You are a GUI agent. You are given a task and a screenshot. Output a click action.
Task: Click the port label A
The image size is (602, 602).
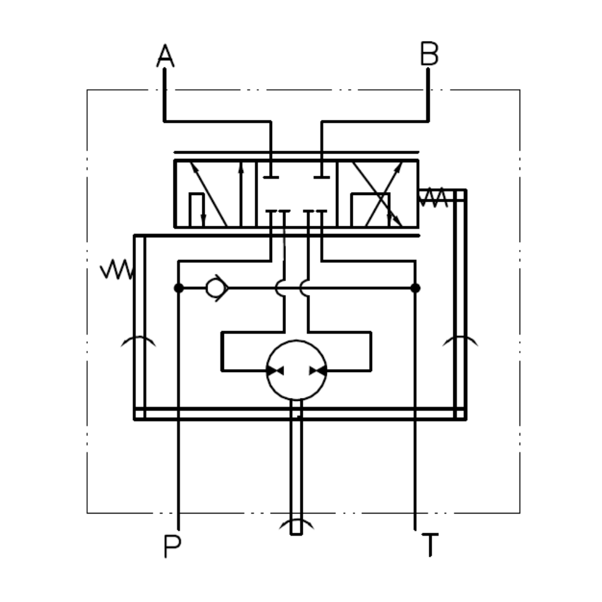point(165,56)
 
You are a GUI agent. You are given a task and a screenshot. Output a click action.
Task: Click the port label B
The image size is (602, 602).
point(429,55)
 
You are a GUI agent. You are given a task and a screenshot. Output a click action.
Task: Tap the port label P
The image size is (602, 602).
point(172,547)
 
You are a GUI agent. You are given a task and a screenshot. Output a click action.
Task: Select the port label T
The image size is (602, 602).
point(429,546)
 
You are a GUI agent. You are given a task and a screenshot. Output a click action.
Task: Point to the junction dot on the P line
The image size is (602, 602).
point(178,288)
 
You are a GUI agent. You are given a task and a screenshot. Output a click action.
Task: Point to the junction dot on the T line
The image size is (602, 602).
point(415,288)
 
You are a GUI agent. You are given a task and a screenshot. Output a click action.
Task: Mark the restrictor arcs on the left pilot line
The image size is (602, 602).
point(138,342)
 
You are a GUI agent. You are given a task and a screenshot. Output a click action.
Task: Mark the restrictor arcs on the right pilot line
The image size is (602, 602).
point(461,342)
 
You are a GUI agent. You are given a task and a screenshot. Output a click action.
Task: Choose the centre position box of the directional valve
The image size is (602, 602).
point(296,194)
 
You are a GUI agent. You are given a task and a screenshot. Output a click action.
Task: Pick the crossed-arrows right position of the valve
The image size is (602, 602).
point(377,194)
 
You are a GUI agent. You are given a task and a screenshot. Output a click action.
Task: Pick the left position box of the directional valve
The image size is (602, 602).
point(214,194)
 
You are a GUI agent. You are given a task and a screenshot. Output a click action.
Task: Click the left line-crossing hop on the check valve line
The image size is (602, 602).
point(280,288)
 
